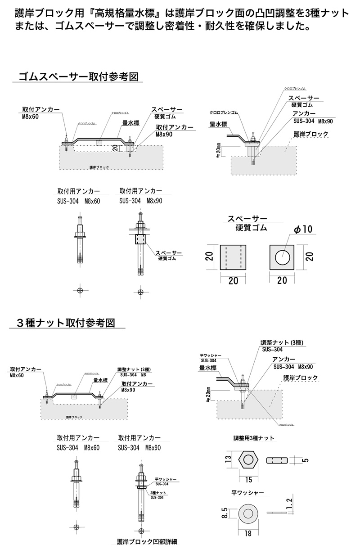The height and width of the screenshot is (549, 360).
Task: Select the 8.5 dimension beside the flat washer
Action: (x=225, y=513)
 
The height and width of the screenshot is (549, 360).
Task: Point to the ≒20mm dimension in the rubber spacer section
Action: (x=219, y=151)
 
